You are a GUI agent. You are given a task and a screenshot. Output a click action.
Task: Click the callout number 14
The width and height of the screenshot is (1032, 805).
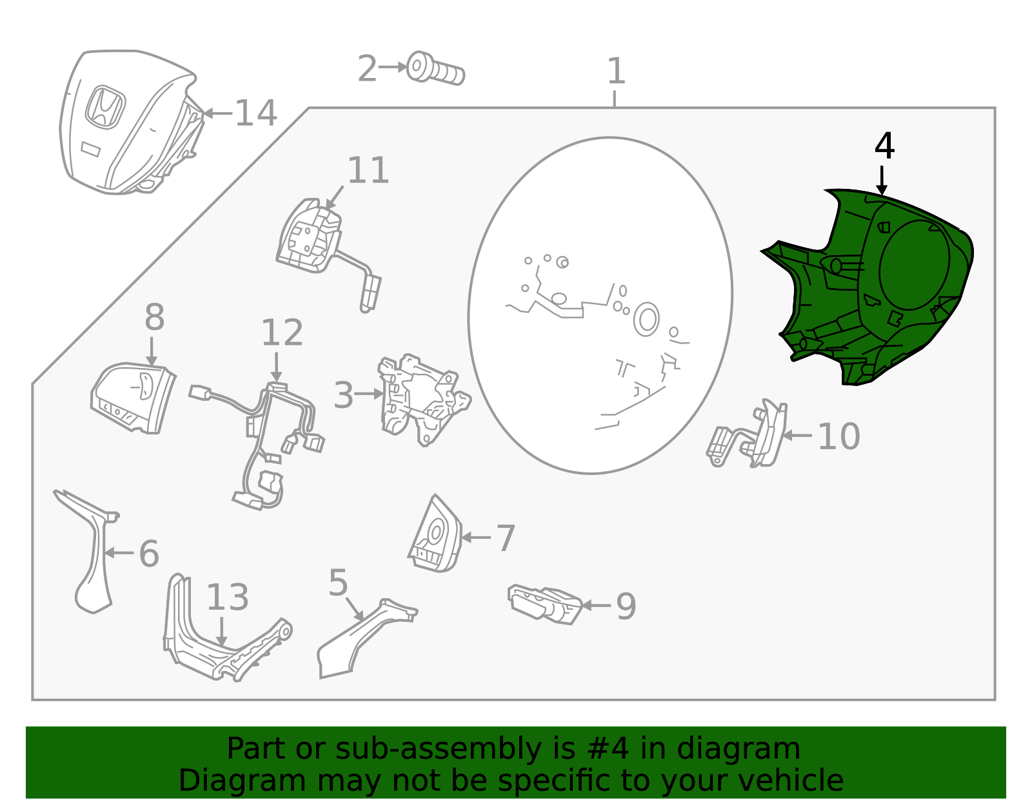(256, 113)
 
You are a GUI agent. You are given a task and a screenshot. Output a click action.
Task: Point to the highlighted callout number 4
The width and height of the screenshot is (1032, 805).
(884, 146)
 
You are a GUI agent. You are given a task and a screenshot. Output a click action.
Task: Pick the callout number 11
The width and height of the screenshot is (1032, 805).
(368, 171)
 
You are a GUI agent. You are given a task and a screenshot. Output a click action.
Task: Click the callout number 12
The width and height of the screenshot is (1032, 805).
(282, 333)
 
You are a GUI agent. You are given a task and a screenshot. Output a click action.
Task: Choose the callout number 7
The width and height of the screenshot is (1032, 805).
(506, 538)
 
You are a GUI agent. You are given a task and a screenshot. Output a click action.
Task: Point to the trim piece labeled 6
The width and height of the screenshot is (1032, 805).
(90, 554)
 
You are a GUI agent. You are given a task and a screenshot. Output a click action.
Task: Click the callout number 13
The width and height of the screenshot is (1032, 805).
(227, 597)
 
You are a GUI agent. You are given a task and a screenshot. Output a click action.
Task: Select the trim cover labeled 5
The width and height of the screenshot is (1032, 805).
(361, 638)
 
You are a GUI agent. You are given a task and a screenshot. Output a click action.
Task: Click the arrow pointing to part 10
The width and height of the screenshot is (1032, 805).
(797, 436)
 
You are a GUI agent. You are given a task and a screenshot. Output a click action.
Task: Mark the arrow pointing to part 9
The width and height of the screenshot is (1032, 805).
(596, 605)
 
